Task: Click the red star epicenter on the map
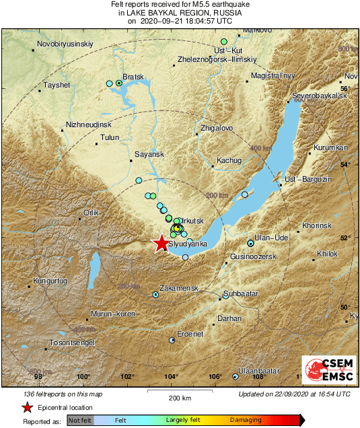(161, 244)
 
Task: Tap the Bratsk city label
(135, 77)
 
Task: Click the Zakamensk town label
(179, 287)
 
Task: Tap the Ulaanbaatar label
(260, 371)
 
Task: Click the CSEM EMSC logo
(329, 371)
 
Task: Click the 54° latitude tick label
(348, 164)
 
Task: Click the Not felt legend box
(79, 421)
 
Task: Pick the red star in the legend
(27, 406)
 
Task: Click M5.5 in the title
(202, 4)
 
